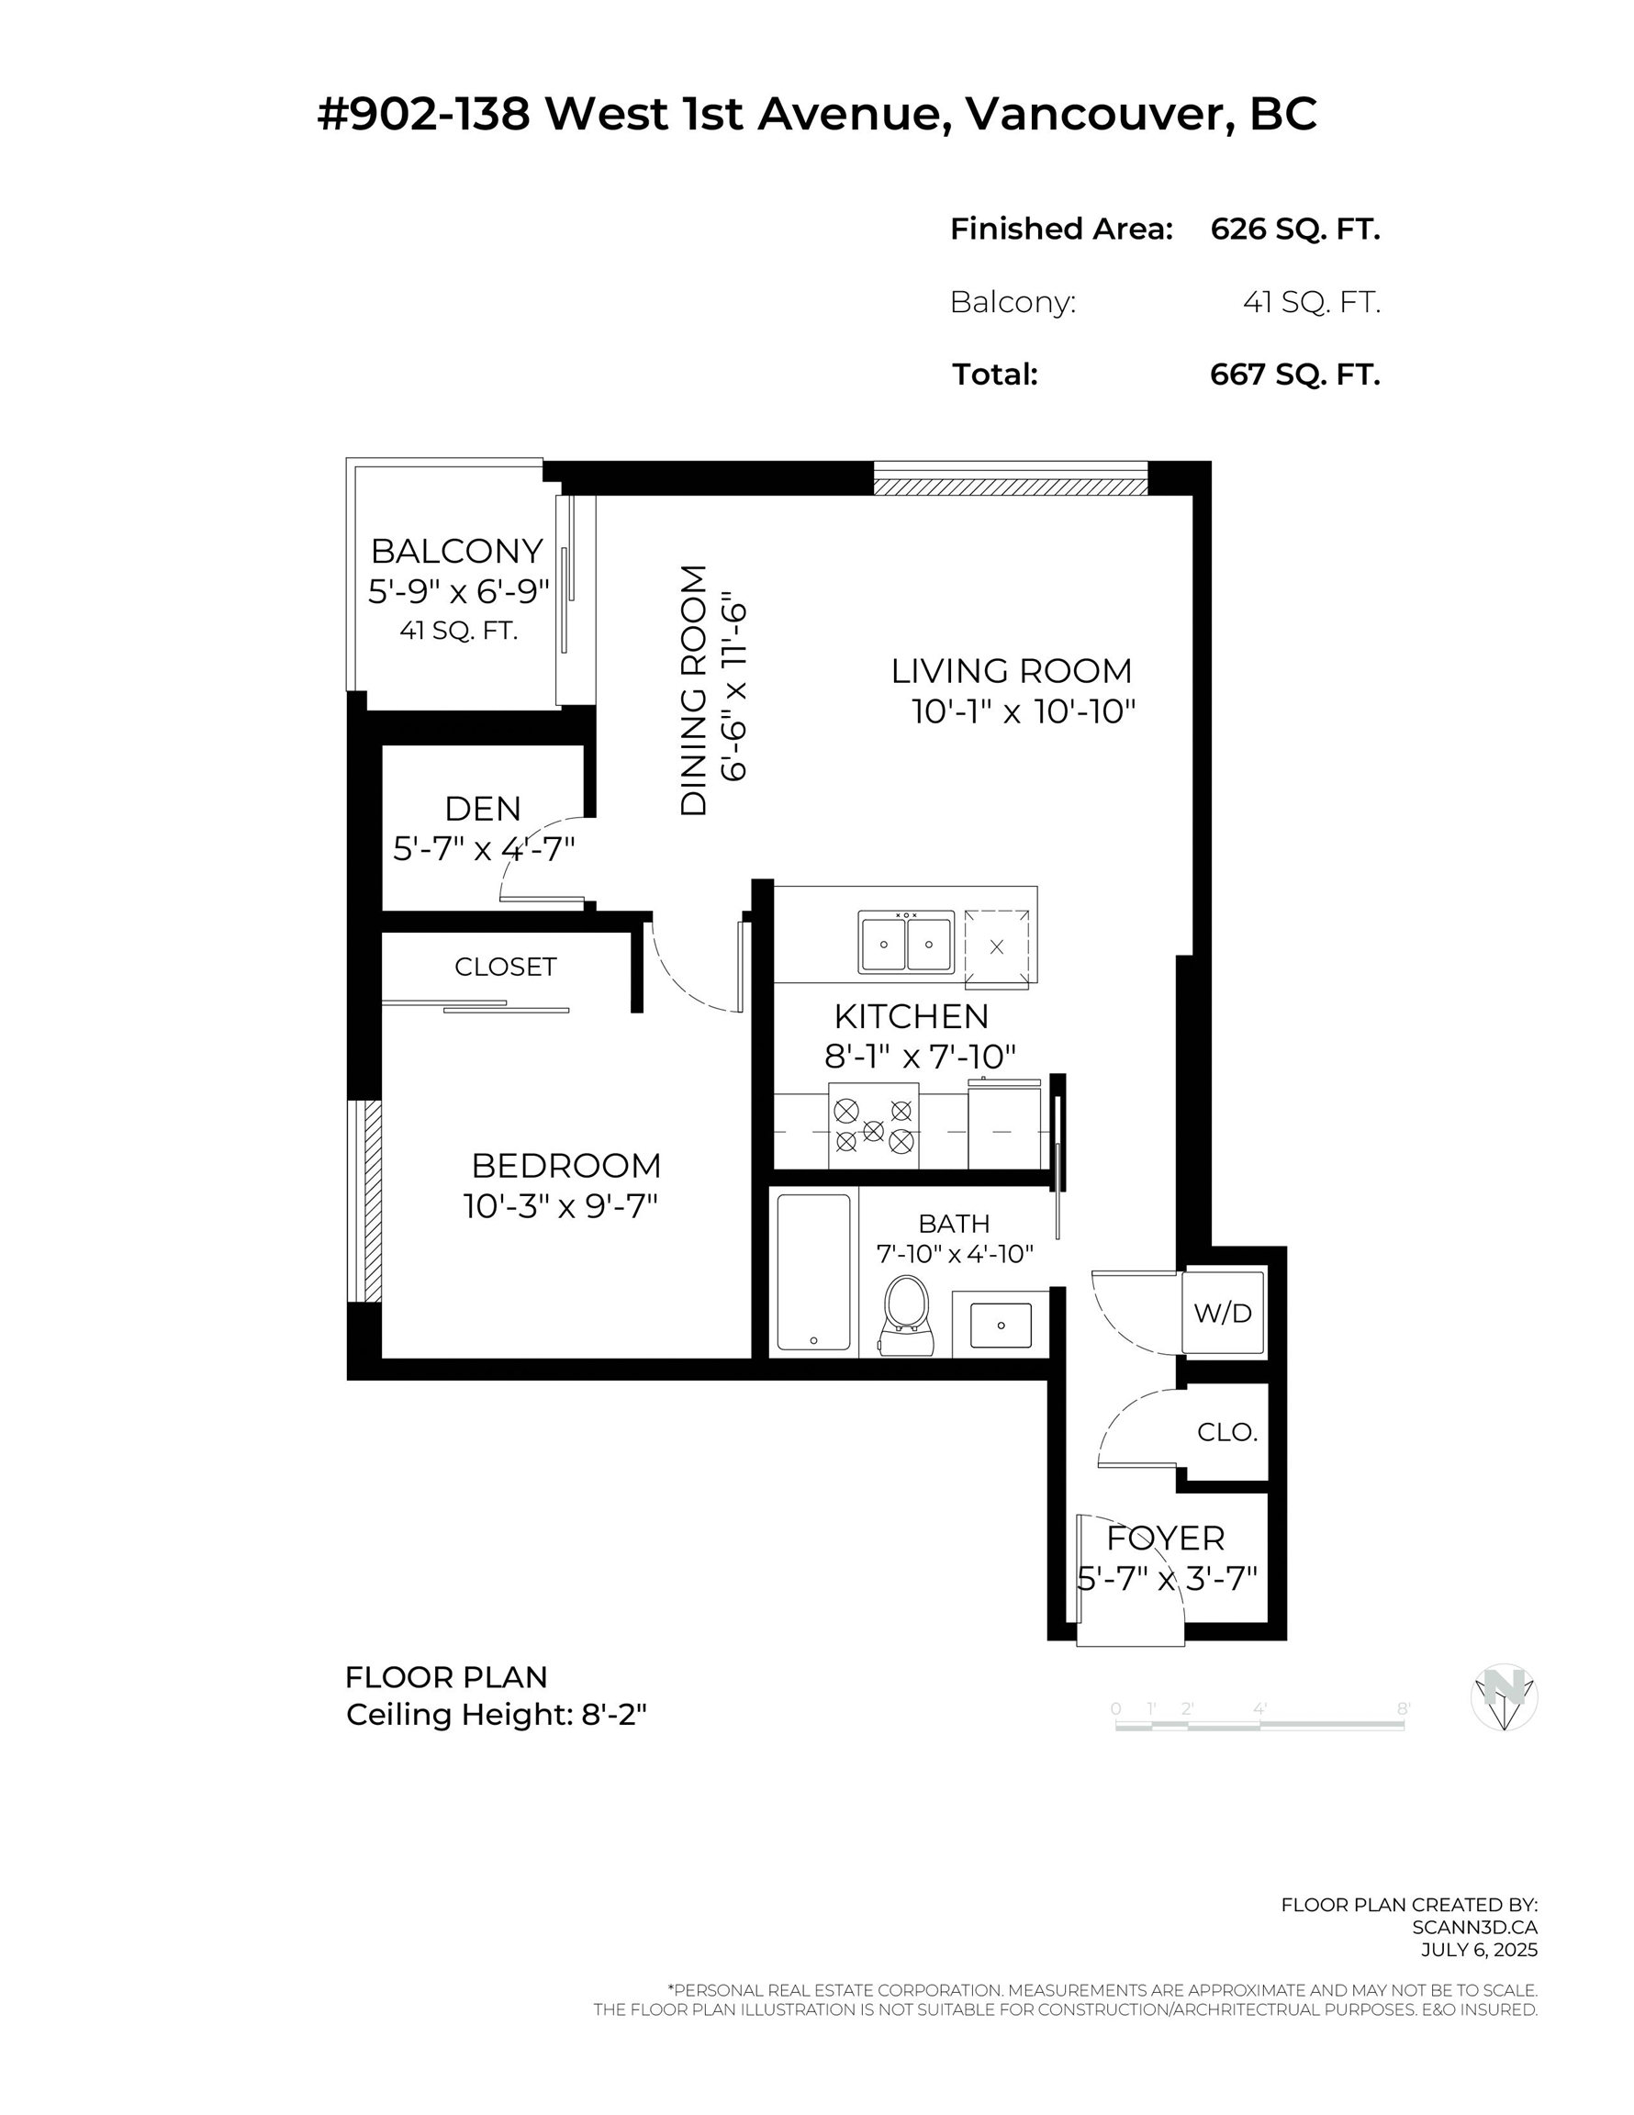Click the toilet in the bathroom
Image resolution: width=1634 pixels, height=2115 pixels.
907,1315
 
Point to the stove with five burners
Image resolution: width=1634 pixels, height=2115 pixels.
874,1127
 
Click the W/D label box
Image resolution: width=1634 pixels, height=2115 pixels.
1223,1314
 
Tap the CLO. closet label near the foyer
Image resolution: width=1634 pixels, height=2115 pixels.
1226,1432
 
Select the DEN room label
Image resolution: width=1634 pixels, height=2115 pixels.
482,809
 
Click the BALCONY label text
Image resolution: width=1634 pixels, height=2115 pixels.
457,551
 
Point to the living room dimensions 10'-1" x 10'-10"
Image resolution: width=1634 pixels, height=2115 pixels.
1023,711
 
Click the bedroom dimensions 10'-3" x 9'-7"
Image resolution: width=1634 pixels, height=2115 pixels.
561,1206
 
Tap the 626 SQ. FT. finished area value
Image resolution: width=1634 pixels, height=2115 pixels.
1294,229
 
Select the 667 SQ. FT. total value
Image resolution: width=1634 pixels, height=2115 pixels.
1294,374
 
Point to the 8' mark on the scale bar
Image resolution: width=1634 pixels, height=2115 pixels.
1403,1710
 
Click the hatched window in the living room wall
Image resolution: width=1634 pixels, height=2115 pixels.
1009,481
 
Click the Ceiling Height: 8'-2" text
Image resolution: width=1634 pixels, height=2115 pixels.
496,1715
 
